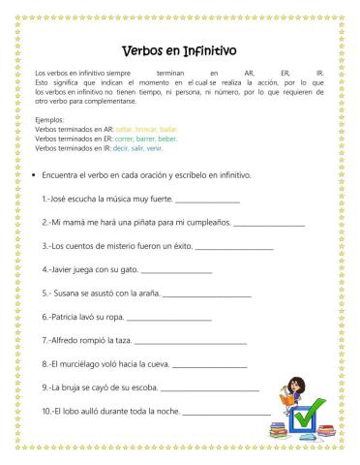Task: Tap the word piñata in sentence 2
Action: [x=148, y=221]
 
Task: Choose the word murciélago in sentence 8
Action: [x=89, y=363]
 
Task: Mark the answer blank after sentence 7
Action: [x=190, y=342]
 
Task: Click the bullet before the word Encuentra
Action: [x=35, y=175]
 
